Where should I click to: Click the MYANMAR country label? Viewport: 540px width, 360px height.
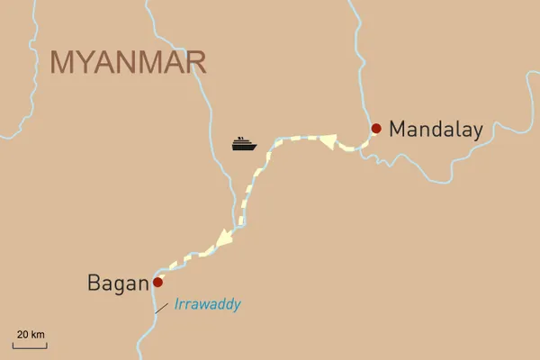129,62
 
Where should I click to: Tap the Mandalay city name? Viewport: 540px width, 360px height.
436,130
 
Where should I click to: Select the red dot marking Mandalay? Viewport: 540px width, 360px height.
376,128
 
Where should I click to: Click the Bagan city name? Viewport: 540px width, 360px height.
117,283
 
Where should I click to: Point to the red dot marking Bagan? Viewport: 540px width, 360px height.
158,282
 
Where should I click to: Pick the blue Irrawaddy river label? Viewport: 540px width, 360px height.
207,304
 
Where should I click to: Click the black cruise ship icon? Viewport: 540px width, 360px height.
244,143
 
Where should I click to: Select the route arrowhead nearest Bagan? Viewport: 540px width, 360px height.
223,239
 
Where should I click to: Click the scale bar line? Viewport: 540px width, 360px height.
30,345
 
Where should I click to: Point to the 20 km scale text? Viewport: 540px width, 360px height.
30,335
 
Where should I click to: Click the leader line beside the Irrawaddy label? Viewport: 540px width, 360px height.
161,308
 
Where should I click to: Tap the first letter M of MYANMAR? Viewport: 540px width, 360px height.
63,62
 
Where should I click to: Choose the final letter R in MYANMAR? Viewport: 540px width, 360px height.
194,62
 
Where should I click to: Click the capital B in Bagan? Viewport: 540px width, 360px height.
94,283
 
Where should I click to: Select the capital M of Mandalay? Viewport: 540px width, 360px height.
397,130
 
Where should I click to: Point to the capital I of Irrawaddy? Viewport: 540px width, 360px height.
176,304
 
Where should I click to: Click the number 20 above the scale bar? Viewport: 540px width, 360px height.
22,335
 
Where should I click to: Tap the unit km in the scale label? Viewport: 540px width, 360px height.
37,335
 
